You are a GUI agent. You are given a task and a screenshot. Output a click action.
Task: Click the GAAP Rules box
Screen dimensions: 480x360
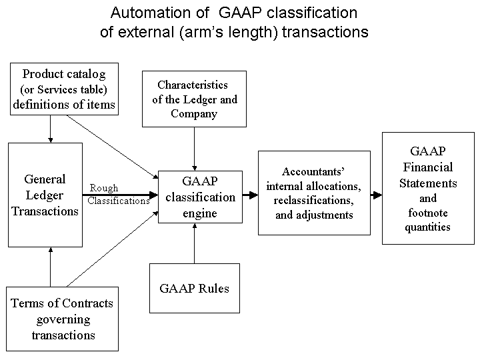pos(195,288)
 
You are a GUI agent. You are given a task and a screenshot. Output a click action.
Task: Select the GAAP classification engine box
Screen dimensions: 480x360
pos(200,197)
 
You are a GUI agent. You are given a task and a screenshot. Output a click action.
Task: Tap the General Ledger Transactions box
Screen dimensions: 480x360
pos(45,195)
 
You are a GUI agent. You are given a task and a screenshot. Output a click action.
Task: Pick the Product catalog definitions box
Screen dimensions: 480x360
pos(64,89)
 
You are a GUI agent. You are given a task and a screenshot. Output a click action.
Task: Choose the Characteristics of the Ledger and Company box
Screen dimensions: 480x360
pos(194,99)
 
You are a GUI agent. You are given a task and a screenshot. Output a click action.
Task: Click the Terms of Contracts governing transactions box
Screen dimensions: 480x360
pos(62,319)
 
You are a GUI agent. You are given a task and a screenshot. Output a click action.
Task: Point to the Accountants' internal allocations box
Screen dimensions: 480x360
pos(314,193)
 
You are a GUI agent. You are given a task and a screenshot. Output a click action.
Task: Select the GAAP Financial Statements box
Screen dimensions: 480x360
pos(428,188)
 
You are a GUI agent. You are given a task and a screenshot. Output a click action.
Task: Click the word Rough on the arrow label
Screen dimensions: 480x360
pos(104,188)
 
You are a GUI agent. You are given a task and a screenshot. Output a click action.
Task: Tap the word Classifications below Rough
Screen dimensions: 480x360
pos(119,201)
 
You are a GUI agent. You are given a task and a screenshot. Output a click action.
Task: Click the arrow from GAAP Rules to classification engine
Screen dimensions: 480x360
pos(195,243)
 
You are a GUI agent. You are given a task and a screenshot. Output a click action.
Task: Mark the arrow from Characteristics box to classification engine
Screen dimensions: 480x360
pos(195,149)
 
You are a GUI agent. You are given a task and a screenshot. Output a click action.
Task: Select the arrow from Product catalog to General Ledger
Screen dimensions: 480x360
pos(51,129)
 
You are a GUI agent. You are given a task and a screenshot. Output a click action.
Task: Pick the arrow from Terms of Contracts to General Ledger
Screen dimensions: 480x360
pos(51,267)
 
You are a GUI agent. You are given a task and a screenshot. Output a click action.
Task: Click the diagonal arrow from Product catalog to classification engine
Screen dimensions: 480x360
pos(113,147)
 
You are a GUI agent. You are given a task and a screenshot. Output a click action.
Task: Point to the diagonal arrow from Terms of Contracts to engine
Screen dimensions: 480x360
pos(113,249)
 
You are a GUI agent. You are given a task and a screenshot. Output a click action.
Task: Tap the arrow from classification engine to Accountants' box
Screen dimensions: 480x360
pos(251,195)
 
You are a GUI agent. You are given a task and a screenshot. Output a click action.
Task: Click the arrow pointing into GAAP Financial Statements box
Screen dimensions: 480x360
pos(376,195)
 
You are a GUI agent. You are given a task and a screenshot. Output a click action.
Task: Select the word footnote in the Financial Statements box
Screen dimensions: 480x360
pos(428,213)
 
